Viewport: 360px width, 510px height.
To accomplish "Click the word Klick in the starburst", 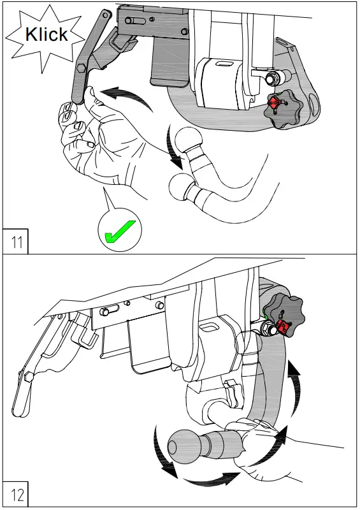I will click(47, 34).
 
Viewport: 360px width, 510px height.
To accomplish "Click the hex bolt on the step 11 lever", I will click(81, 68).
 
